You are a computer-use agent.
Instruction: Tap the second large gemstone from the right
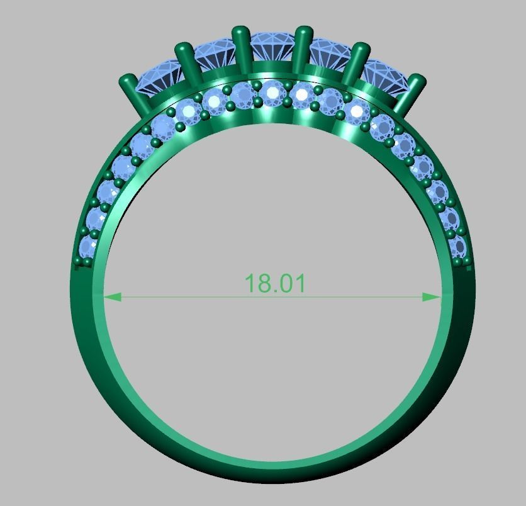[x=330, y=55]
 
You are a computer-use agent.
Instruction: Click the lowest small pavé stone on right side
[x=457, y=247]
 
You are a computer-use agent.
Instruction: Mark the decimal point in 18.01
[x=275, y=291]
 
